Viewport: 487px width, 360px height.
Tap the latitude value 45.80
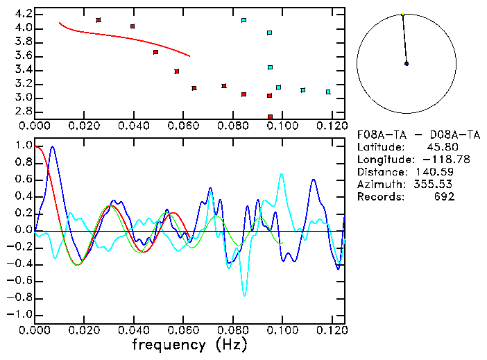click(x=441, y=146)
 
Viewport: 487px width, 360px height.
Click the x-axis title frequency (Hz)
click(x=189, y=344)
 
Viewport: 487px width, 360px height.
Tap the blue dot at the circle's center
click(x=407, y=64)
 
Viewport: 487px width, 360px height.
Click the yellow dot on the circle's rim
click(x=402, y=14)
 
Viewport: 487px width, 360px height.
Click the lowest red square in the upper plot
click(x=270, y=117)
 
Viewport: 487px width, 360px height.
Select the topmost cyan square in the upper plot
click(x=244, y=20)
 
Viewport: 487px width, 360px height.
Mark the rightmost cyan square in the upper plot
click(x=328, y=92)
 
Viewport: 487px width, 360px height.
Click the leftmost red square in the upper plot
click(x=99, y=20)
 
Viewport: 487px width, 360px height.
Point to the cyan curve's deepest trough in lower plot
click(x=244, y=295)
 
